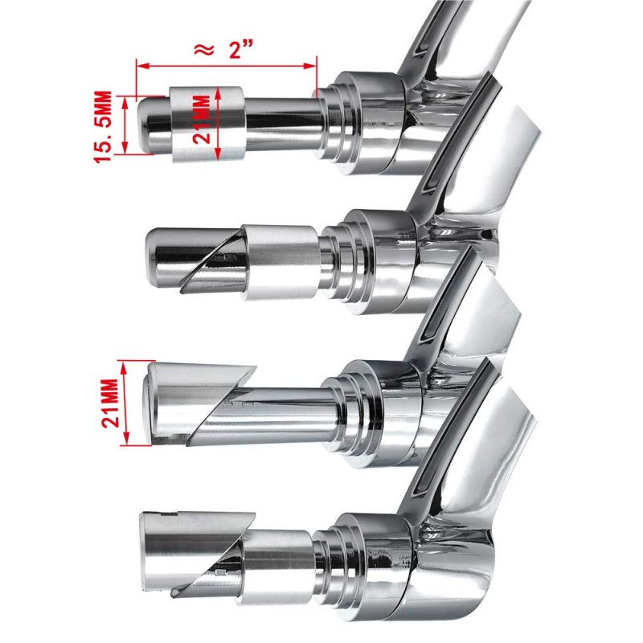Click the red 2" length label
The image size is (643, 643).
click(x=240, y=50)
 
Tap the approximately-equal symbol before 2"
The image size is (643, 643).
click(x=203, y=50)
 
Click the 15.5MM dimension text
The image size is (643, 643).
click(x=103, y=127)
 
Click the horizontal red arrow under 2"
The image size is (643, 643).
click(x=227, y=66)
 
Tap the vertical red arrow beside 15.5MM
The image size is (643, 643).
click(x=125, y=125)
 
